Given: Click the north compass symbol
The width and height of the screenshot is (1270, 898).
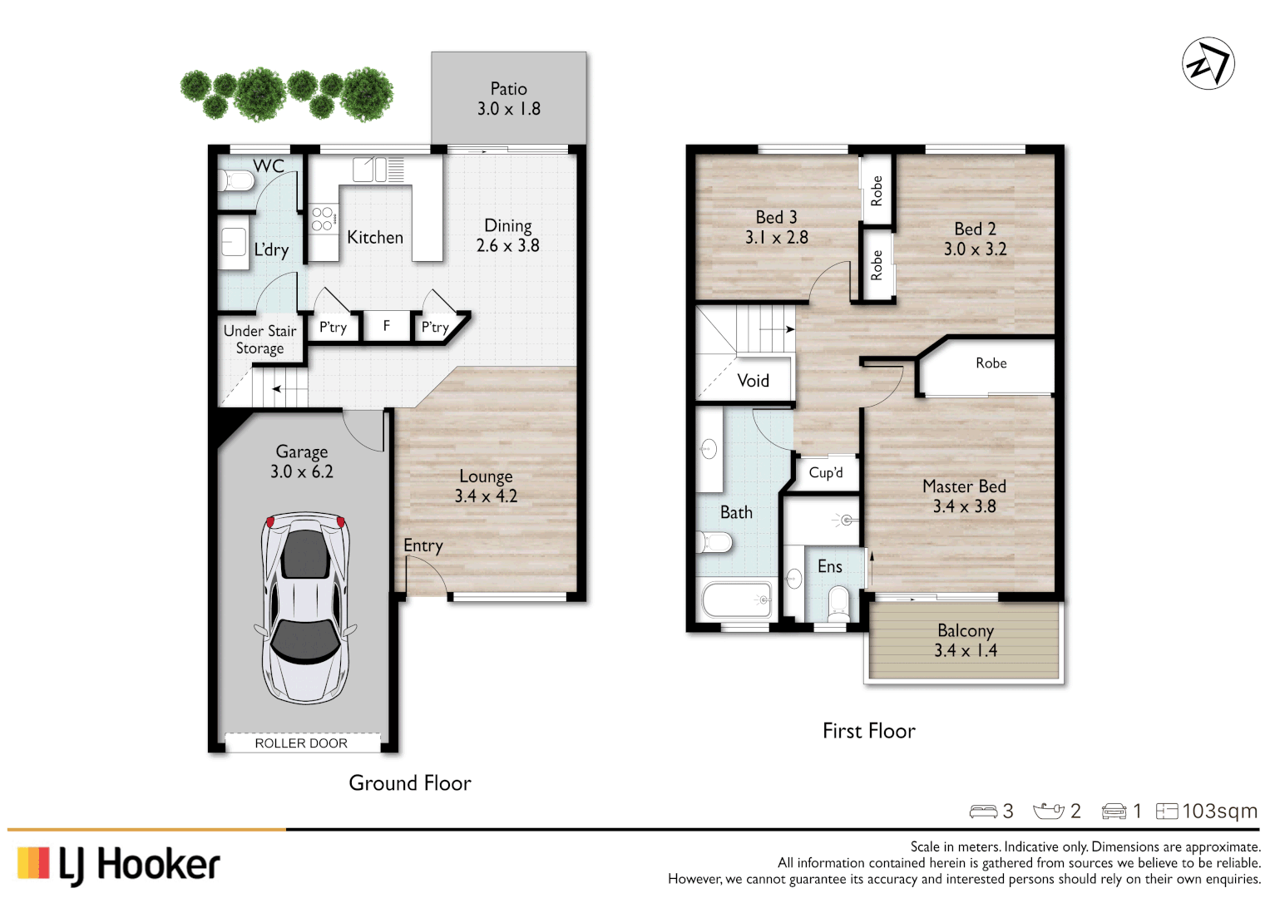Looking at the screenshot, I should coord(1208,63).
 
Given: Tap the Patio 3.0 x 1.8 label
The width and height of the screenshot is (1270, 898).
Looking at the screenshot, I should coord(508,99).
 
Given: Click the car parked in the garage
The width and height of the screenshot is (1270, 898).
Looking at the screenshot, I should coord(305,608).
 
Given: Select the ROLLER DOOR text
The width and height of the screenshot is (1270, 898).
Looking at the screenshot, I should coord(301,743).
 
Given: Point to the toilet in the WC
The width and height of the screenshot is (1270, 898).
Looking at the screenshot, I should coord(236,180).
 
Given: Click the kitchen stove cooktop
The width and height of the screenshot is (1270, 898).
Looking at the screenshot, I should coord(324,219).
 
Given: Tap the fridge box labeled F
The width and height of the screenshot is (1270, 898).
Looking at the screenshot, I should coord(387,327).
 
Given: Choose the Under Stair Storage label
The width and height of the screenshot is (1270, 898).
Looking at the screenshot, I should coord(259,339).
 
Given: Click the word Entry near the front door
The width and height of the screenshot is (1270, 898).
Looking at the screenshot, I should coord(423,545).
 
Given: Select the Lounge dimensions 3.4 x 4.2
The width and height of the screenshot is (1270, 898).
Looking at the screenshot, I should coord(486,496).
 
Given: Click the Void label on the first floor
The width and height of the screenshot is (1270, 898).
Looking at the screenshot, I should coord(753,381).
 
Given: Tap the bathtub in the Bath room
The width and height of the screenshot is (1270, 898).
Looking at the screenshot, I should coord(737,599).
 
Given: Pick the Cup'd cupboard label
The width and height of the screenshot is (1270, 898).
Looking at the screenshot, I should coord(826,473).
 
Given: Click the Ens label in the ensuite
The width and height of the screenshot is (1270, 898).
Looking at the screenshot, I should coord(829,566).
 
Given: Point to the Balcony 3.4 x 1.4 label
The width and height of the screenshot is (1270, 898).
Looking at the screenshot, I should coord(965,640).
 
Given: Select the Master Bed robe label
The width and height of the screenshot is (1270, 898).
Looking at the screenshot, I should coord(991,363).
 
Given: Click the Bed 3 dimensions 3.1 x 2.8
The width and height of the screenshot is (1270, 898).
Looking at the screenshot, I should coord(776,238).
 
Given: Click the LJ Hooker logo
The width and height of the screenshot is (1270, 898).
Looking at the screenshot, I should coord(119,865).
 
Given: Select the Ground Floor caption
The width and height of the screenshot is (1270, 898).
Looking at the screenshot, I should coord(409,782).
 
